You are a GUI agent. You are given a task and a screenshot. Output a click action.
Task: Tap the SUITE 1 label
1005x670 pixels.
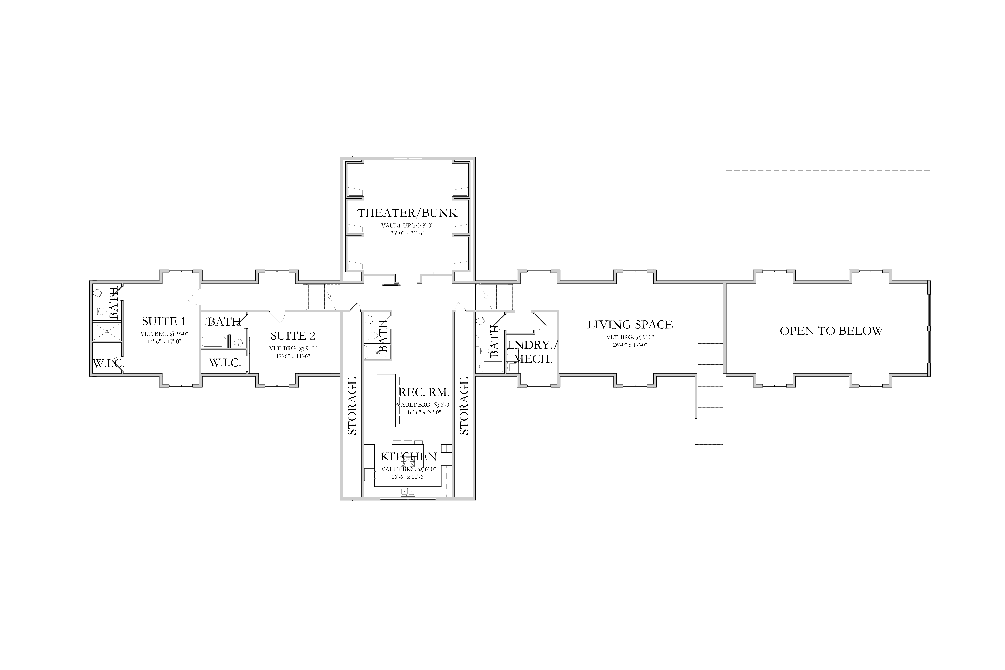(x=164, y=321)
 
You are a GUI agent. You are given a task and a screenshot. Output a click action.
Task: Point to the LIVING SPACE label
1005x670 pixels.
(x=630, y=325)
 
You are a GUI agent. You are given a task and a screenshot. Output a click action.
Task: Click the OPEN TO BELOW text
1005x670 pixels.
(x=831, y=331)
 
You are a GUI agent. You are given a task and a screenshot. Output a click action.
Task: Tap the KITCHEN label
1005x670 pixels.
(x=409, y=456)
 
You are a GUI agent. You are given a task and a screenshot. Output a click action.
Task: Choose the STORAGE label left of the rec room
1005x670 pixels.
(x=352, y=406)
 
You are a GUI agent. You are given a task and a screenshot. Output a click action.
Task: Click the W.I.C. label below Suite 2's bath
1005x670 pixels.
(x=225, y=363)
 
